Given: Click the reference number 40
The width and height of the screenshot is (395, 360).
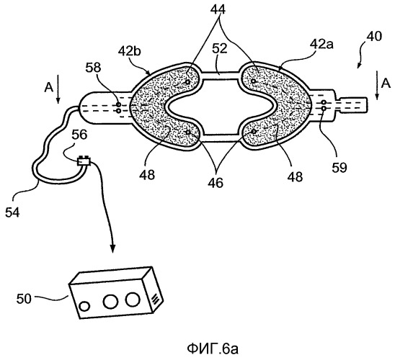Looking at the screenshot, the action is click(x=374, y=37).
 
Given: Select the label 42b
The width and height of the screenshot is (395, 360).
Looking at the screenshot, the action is click(x=130, y=51).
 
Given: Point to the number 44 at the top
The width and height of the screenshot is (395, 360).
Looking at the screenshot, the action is click(x=218, y=9).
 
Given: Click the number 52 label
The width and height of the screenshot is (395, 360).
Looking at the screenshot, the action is click(x=219, y=48).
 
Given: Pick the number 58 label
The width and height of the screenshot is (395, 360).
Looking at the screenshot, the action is click(x=93, y=68).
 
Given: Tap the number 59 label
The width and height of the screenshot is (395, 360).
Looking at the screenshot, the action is click(x=339, y=168).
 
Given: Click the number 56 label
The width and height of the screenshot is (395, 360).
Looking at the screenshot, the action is click(x=79, y=135).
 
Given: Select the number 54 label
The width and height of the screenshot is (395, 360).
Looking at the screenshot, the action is click(x=12, y=213).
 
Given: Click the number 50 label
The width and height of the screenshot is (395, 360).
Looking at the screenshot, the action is click(x=24, y=299).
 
